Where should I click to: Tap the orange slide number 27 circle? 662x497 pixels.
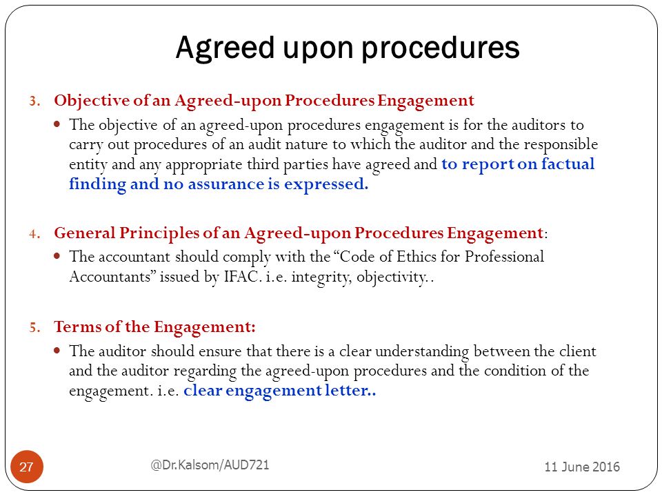27,467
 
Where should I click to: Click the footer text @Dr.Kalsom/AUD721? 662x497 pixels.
210,465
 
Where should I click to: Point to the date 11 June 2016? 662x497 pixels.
582,467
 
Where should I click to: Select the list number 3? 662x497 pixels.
34,101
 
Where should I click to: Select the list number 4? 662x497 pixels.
34,234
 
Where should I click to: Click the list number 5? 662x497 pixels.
34,327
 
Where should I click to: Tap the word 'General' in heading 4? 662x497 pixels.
84,233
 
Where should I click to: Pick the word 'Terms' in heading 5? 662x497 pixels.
78,327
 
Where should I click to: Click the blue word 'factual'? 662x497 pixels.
568,164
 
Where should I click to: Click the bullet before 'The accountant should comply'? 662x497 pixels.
57,255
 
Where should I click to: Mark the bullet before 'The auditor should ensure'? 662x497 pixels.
57,350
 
